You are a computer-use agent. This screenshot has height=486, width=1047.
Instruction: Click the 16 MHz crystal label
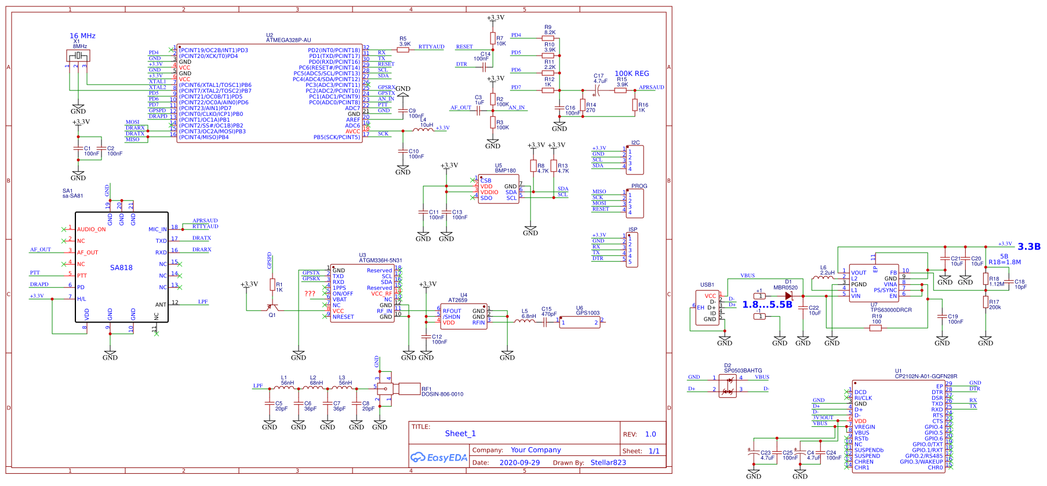[82, 36]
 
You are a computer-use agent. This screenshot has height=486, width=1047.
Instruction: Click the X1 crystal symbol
[78, 56]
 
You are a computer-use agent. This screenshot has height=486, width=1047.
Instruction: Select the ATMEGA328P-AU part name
[289, 41]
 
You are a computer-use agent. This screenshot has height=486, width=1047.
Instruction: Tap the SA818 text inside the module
[121, 268]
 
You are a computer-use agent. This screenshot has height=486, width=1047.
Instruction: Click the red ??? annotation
[310, 294]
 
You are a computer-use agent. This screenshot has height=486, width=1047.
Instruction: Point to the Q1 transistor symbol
[271, 308]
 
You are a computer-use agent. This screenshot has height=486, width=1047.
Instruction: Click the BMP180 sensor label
[506, 171]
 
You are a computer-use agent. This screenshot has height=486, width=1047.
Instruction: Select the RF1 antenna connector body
[408, 388]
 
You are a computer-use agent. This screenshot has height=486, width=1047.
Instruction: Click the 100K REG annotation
[632, 74]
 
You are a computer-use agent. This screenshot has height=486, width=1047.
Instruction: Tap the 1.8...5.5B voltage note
[767, 305]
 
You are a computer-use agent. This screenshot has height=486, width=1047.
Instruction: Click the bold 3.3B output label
[1029, 247]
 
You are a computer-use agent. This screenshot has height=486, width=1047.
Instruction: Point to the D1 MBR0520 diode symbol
[788, 296]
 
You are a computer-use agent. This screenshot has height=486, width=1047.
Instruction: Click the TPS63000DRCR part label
[891, 310]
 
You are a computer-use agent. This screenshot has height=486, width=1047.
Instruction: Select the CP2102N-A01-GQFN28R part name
[926, 377]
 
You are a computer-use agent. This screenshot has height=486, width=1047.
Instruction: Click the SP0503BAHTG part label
[743, 371]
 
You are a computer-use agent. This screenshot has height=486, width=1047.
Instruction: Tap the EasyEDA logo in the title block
[439, 458]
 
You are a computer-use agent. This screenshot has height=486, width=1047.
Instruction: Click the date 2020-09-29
[519, 463]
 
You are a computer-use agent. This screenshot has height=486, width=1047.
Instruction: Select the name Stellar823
[608, 463]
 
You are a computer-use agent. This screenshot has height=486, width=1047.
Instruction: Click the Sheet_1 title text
[460, 434]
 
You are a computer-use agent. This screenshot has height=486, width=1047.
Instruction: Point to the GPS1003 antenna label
[588, 313]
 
